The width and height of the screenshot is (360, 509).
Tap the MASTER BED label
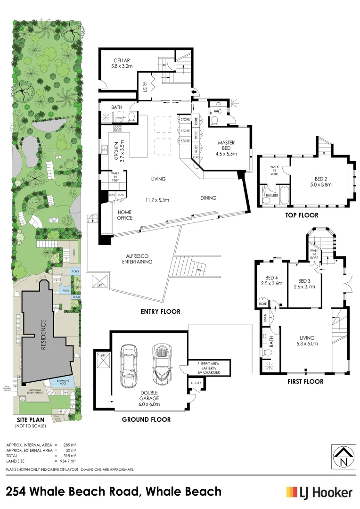click(x=226, y=148)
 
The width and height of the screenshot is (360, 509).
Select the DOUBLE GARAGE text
click(x=148, y=395)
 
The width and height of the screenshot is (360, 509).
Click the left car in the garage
click(x=129, y=366)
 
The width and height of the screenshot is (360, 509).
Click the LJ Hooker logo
click(x=319, y=493)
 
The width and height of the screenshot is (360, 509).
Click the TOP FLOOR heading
click(x=302, y=215)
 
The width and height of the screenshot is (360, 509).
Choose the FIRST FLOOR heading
click(x=305, y=381)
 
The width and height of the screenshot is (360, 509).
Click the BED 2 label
click(x=323, y=182)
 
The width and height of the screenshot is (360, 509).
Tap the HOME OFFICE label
click(x=125, y=215)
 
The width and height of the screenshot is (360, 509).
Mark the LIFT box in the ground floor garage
click(x=103, y=362)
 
